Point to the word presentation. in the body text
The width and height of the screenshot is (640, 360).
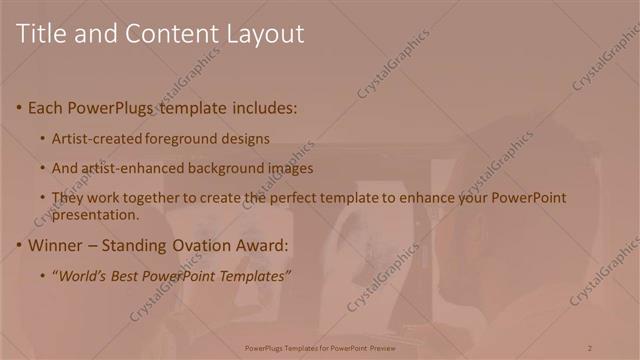click(x=95, y=214)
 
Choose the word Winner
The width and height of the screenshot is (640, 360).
click(x=57, y=245)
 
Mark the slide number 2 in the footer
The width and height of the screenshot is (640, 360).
click(x=589, y=347)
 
